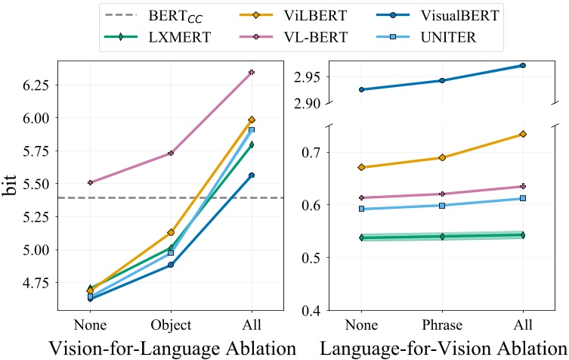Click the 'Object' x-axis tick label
click(171, 325)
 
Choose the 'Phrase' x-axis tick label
click(441, 325)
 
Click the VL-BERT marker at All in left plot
click(252, 72)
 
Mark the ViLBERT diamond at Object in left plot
click(171, 232)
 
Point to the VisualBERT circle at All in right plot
click(521, 66)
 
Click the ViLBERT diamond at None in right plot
click(361, 167)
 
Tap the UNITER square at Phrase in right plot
click(441, 206)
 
